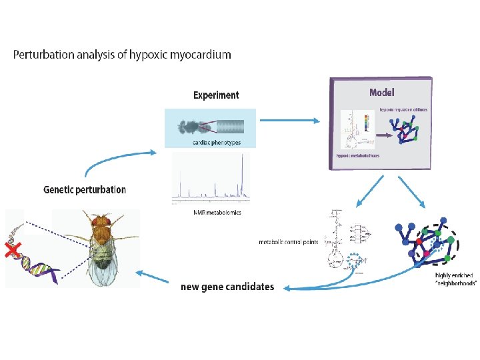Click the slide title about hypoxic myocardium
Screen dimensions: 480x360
click(122, 55)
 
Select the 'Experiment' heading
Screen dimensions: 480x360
click(216, 95)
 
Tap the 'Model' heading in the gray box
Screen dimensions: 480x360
click(386, 92)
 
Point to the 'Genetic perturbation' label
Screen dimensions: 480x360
click(85, 189)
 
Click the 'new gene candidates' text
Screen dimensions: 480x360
click(227, 287)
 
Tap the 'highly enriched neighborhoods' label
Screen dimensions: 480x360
click(455, 279)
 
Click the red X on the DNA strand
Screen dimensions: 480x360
click(11, 251)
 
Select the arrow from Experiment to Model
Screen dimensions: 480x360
click(289, 121)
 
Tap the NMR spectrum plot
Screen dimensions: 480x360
click(211, 181)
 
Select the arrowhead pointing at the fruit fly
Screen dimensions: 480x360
click(139, 272)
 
